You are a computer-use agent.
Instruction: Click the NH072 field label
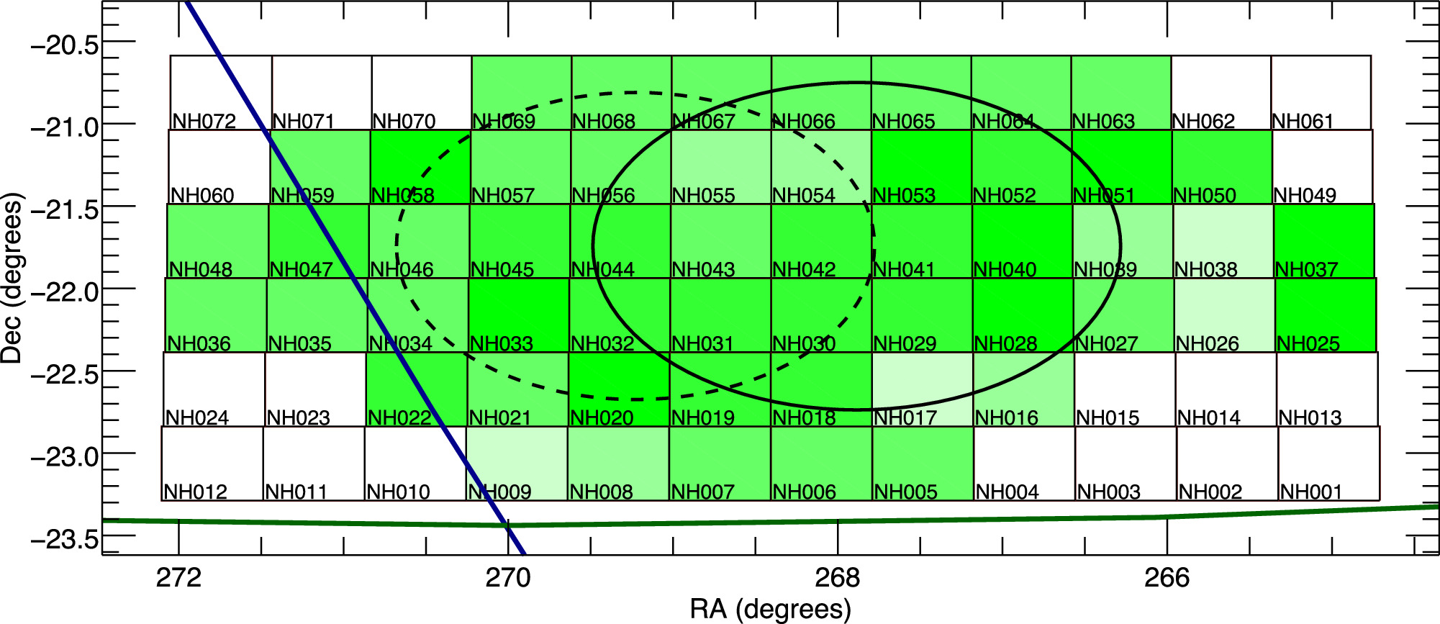(204, 121)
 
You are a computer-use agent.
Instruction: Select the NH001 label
(1311, 492)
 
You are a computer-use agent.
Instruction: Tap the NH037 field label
(1307, 270)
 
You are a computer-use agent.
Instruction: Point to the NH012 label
(196, 492)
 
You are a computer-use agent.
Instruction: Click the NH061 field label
(1303, 121)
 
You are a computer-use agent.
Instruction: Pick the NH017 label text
(905, 417)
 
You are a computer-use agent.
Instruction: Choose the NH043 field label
(703, 270)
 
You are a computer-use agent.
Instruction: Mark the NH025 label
(1308, 344)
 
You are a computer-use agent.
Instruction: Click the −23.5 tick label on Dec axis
(65, 539)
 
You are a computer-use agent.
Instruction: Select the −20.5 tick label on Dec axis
(65, 45)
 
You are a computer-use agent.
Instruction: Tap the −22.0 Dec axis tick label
(65, 292)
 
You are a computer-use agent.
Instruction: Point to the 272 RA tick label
(178, 578)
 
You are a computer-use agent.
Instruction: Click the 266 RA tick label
(1167, 578)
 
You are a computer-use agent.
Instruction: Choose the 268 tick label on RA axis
(838, 578)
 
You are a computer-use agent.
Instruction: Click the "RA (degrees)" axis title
(771, 609)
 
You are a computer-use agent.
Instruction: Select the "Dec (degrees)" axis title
(12, 278)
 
